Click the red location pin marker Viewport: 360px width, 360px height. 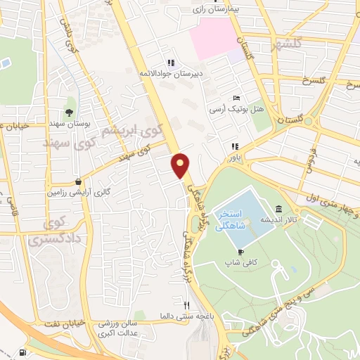pyautogui.click(x=181, y=166)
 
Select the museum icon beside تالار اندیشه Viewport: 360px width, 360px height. pyautogui.click(x=279, y=210)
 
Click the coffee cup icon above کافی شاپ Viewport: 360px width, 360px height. pyautogui.click(x=240, y=251)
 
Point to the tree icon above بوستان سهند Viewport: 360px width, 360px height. pyautogui.click(x=69, y=112)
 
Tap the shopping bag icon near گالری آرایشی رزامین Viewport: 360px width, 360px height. pyautogui.click(x=77, y=181)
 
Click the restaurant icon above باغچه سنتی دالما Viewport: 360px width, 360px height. pyautogui.click(x=186, y=305)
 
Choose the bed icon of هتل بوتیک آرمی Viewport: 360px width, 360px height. pyautogui.click(x=236, y=98)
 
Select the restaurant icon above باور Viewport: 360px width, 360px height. pyautogui.click(x=234, y=147)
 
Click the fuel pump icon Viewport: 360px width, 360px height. pyautogui.click(x=25, y=352)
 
